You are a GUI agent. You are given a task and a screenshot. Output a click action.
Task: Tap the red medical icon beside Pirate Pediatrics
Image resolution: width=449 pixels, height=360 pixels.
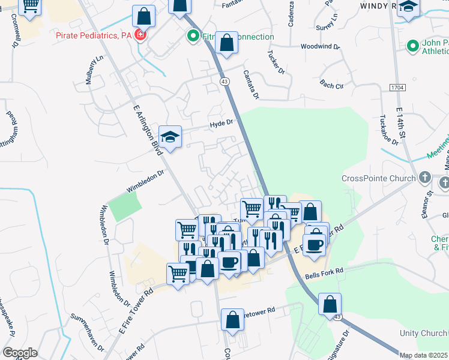140,35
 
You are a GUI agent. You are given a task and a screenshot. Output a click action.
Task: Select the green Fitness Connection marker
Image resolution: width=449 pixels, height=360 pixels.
193,36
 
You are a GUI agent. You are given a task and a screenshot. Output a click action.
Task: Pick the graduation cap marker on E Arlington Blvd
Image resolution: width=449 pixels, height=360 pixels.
170,137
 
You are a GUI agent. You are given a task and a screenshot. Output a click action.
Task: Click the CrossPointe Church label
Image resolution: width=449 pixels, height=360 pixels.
378,178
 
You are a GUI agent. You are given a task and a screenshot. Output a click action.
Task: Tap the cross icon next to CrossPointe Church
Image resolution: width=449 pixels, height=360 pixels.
424,178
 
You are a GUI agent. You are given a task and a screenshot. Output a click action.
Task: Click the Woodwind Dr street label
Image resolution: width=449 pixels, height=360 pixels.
320,46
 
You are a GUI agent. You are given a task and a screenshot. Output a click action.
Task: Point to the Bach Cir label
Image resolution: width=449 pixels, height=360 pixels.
331,85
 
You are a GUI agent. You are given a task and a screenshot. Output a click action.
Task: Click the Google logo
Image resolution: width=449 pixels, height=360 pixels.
20,352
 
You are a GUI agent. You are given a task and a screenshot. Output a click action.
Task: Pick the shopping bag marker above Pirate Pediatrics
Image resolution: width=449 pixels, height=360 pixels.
143,16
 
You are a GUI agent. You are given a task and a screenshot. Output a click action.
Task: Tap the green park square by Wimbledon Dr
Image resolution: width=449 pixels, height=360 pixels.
124,207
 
